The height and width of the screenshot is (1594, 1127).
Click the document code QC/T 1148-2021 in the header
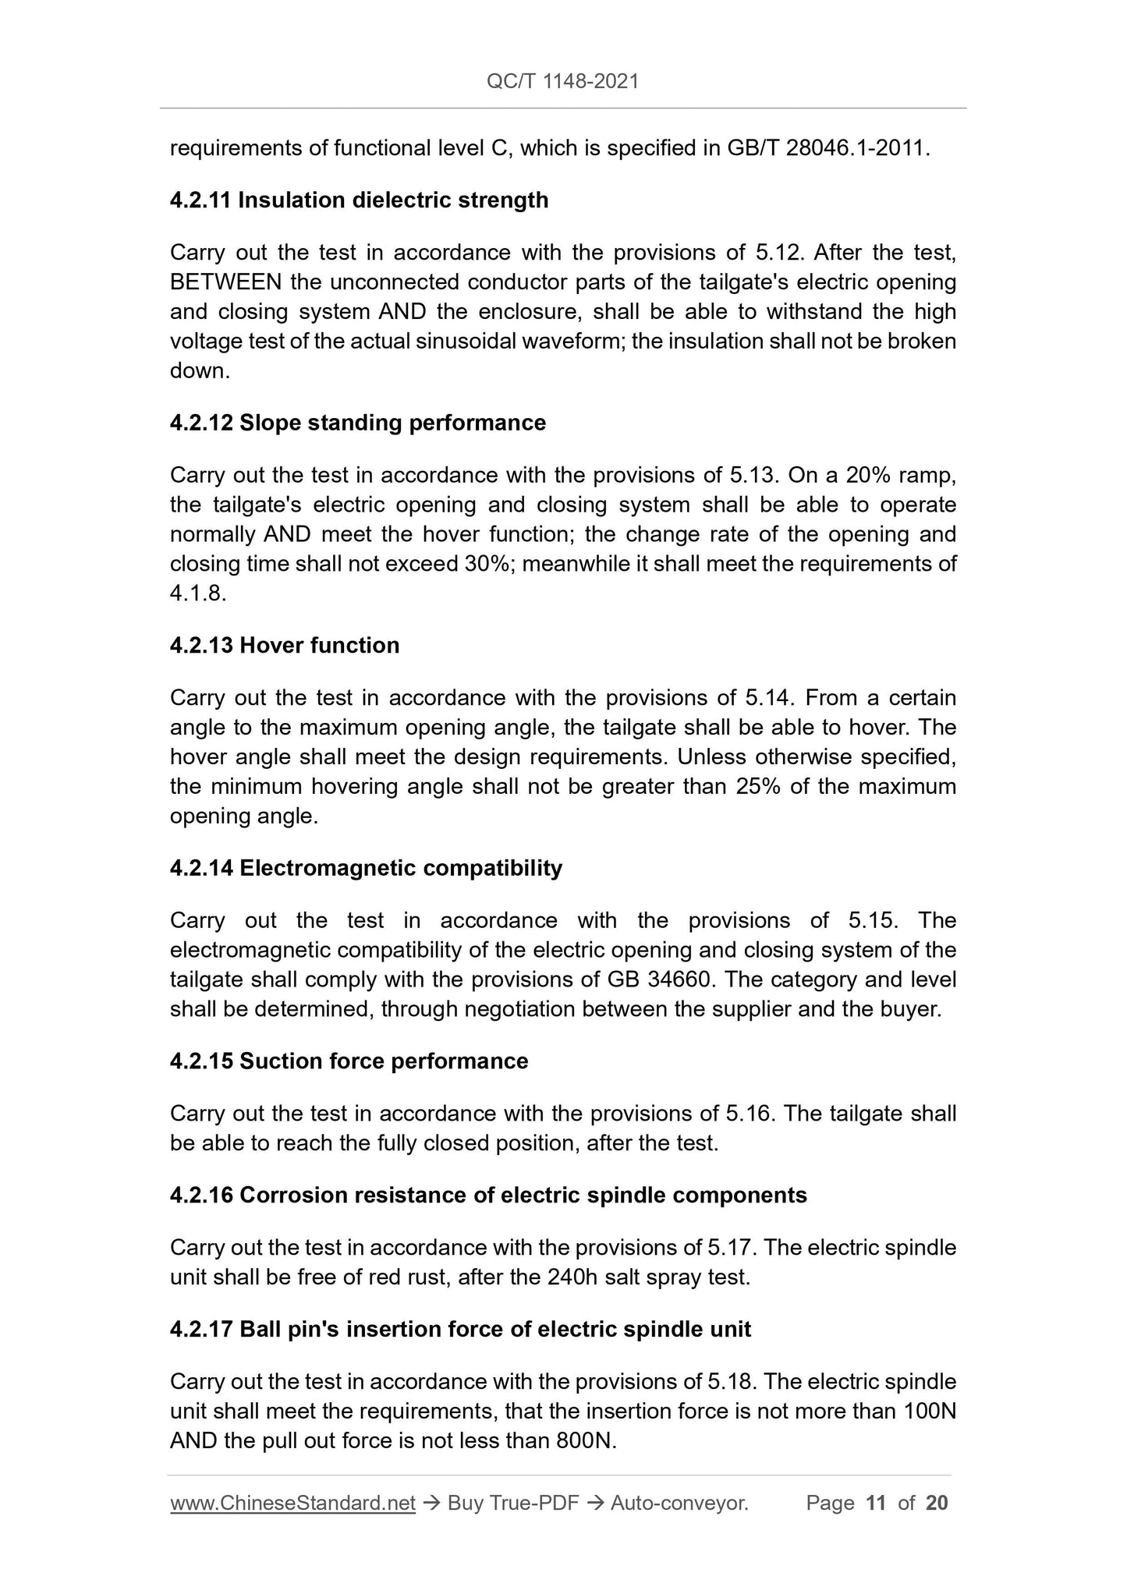(562, 81)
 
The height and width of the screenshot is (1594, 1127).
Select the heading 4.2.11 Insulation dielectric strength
(359, 200)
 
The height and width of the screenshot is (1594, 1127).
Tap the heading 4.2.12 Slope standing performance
(357, 423)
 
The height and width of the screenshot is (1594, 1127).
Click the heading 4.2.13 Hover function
(284, 645)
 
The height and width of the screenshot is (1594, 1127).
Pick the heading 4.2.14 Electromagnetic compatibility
(366, 868)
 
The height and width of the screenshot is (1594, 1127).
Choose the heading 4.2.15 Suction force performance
(349, 1061)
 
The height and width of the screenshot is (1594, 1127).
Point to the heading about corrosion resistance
(487, 1195)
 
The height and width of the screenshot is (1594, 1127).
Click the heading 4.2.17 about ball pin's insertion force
(460, 1329)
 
